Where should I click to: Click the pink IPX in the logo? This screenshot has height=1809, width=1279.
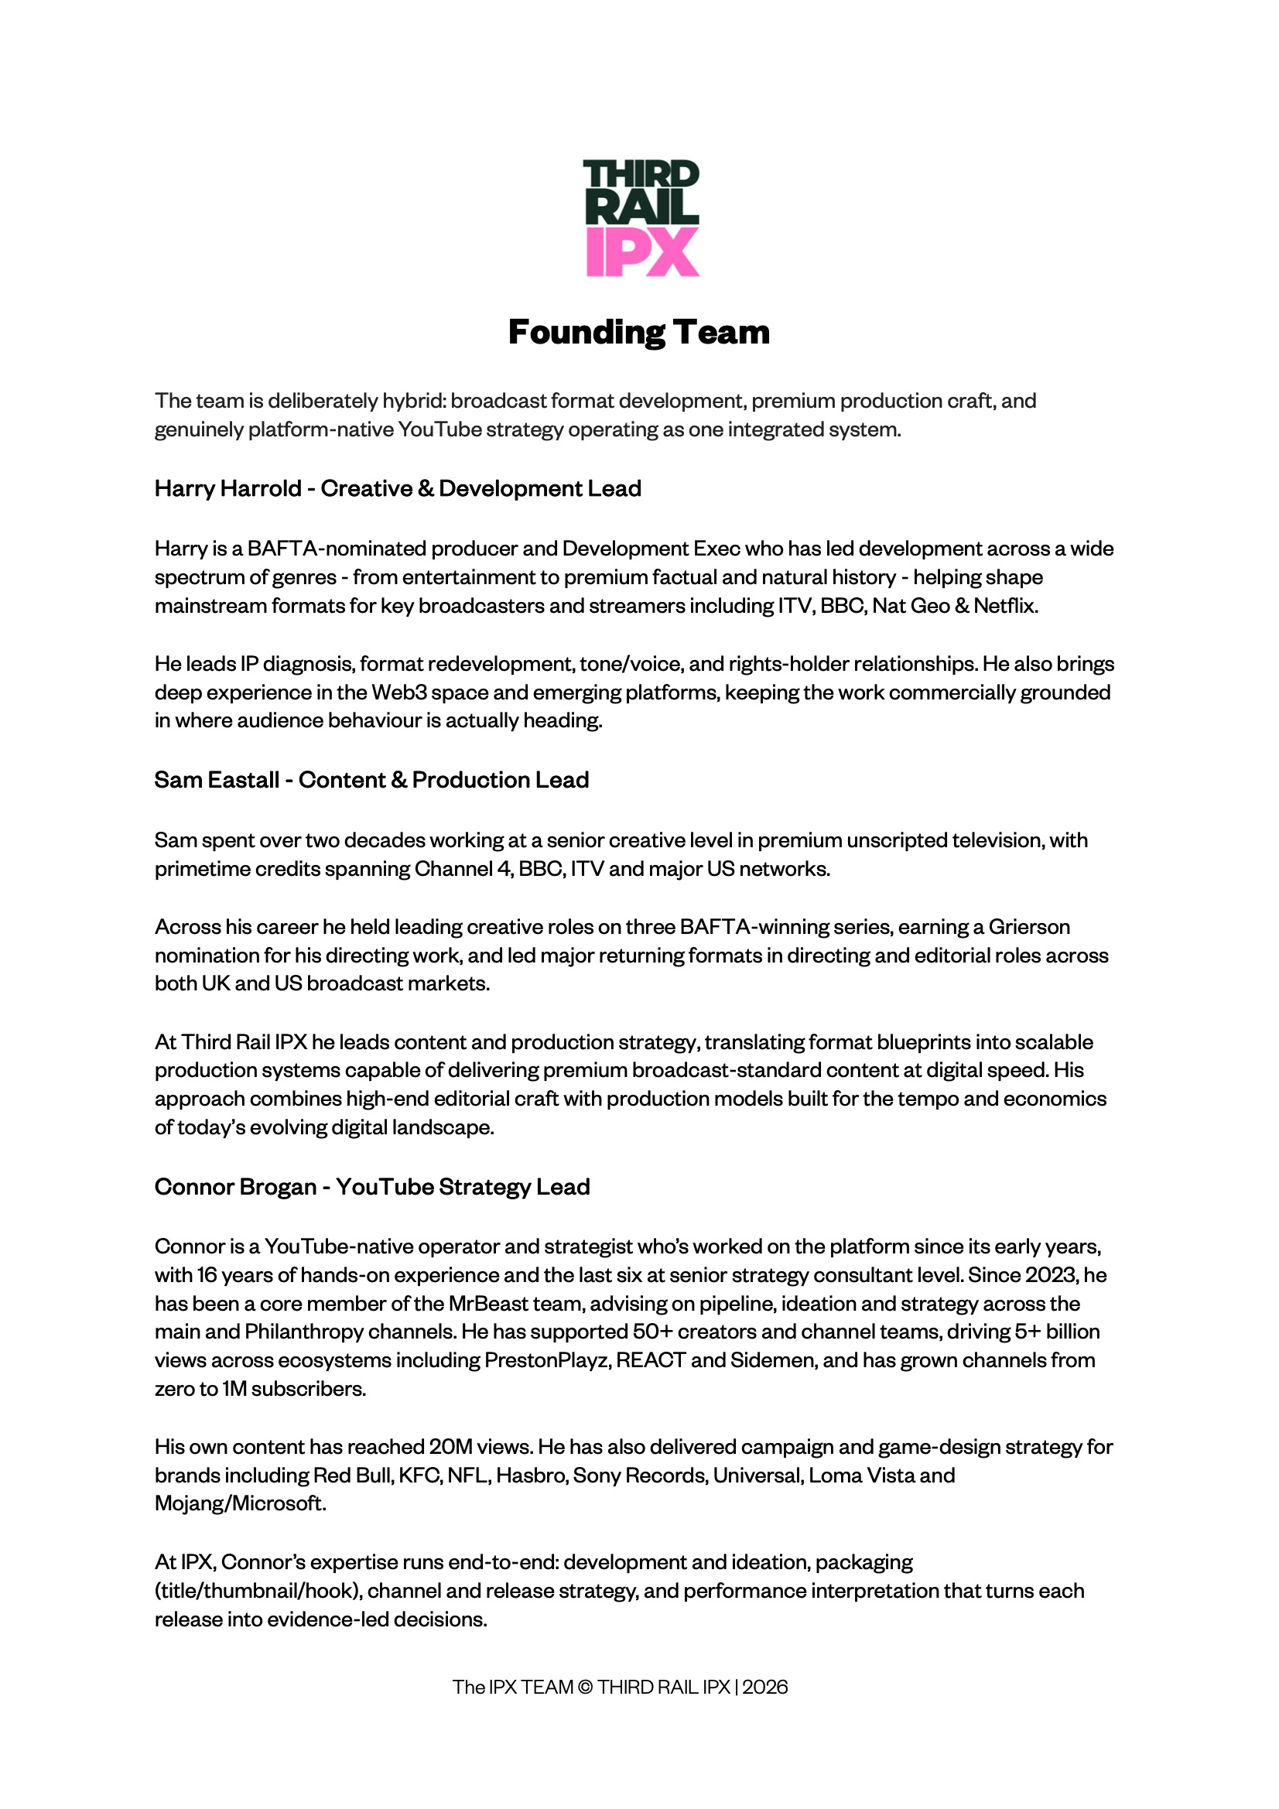click(x=642, y=252)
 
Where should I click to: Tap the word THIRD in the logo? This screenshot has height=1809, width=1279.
click(x=641, y=174)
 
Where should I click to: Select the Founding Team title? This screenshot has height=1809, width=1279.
click(x=639, y=332)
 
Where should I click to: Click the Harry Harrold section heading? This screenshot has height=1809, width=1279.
click(x=397, y=488)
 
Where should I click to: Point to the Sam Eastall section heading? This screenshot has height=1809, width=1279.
click(x=371, y=780)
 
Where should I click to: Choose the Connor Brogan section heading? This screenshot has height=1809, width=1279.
click(x=372, y=1187)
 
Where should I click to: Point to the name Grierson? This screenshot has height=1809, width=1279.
click(x=1029, y=927)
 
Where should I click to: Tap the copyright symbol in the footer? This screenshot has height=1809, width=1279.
click(x=586, y=1687)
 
